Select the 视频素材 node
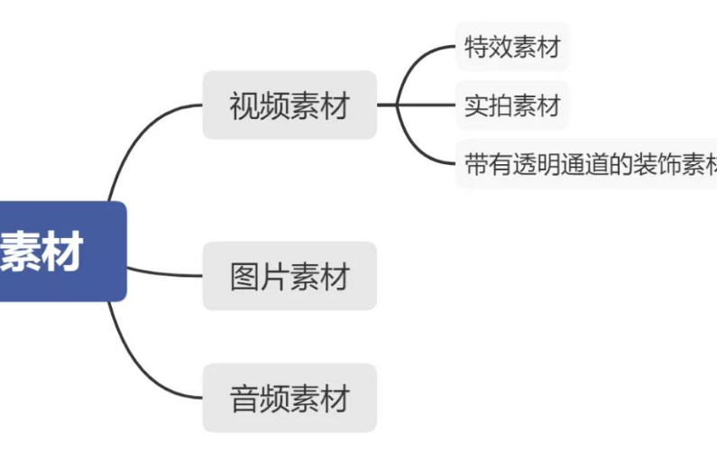click(289, 106)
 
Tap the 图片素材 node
click(289, 276)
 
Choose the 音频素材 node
click(289, 398)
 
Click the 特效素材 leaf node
click(512, 47)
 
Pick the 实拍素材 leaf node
click(512, 106)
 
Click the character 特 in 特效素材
click(476, 47)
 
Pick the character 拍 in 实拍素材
click(501, 106)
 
